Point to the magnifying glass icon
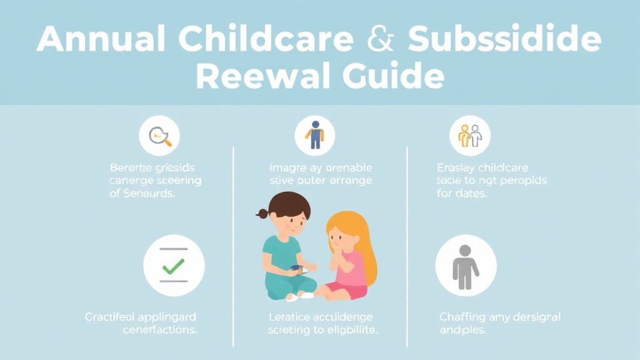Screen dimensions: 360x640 point(160,136)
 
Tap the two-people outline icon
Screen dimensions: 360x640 point(470,136)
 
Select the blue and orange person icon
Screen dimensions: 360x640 point(314,135)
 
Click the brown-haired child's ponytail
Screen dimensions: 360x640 point(261,214)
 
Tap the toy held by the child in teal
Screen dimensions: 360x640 point(298,269)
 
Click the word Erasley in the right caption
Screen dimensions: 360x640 point(456,167)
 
